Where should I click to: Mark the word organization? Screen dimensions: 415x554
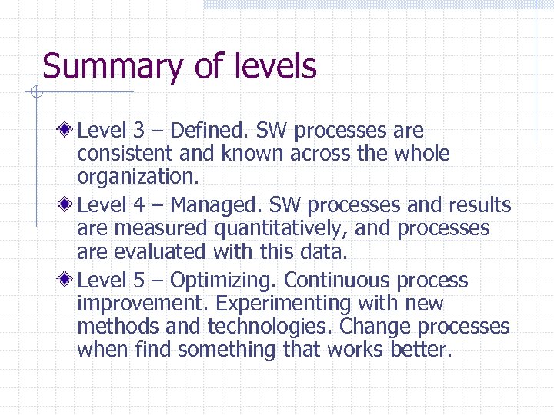pyautogui.click(x=138, y=178)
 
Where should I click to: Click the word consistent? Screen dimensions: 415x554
pyautogui.click(x=124, y=154)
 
